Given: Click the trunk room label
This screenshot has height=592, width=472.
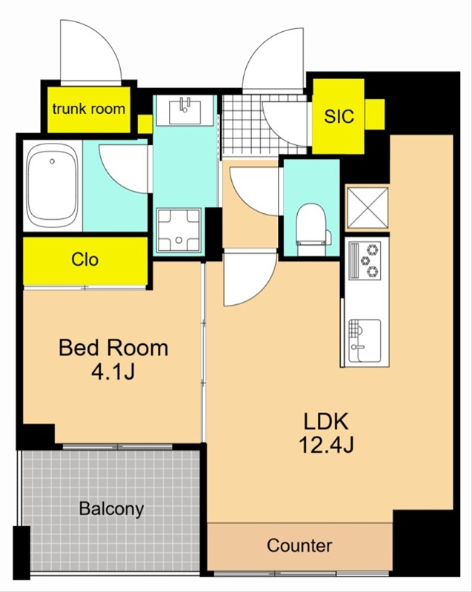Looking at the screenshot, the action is click(89, 109).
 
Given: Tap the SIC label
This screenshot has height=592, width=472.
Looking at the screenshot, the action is click(339, 116).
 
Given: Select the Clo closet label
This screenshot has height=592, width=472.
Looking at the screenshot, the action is click(85, 260).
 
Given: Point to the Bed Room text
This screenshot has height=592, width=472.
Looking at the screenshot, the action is click(113, 348).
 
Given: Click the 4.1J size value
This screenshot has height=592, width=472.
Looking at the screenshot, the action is click(113, 373).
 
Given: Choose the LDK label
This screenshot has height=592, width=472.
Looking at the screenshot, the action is click(326, 421).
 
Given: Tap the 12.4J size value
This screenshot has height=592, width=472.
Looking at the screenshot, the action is click(326, 445).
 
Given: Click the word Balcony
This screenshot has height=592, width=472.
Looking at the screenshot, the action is click(111, 509).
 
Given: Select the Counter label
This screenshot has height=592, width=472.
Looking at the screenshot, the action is click(299, 545).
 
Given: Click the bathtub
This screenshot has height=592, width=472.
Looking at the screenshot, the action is click(53, 186).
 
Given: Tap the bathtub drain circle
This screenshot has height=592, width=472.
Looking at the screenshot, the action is click(52, 161).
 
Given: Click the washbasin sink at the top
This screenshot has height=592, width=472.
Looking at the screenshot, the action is click(185, 110).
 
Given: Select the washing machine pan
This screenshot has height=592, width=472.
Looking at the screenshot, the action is click(179, 229).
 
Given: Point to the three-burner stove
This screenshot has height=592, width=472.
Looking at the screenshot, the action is click(365, 260).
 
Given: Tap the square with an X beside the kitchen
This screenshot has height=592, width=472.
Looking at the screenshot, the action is click(368, 208).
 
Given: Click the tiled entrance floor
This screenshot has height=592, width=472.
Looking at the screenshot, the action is click(265, 124).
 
